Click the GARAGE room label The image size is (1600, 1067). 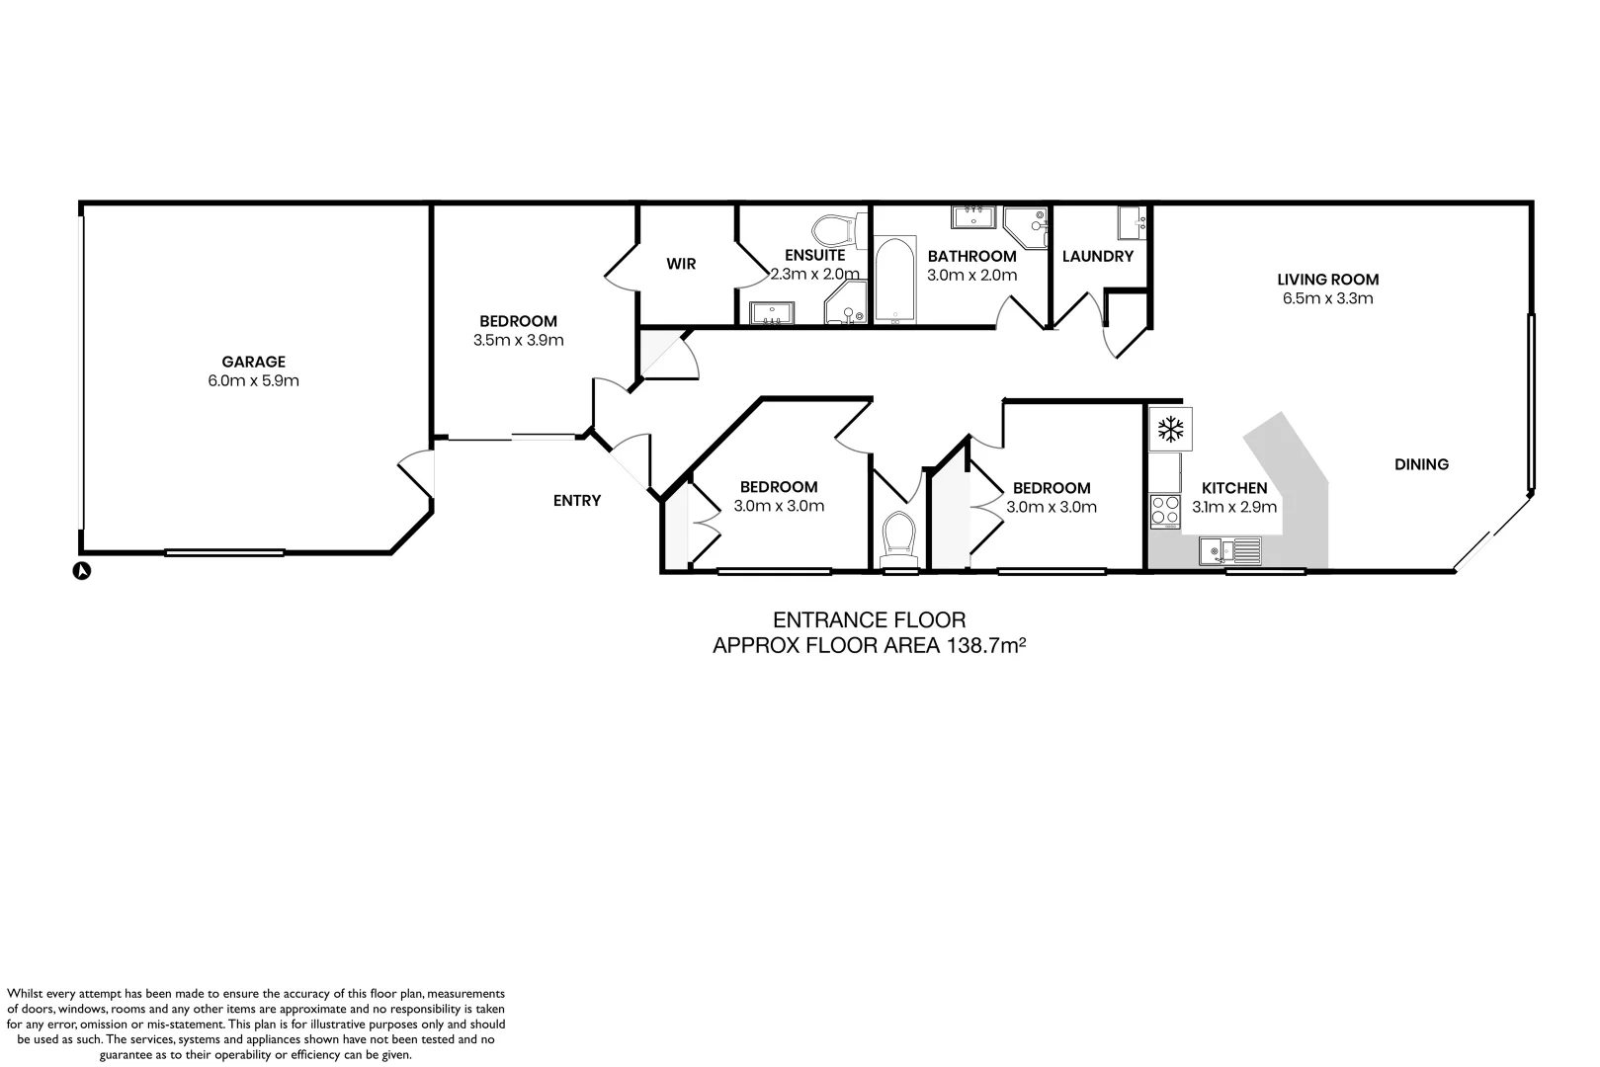[253, 362]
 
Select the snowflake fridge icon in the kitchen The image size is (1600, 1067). [1171, 429]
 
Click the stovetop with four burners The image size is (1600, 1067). [1165, 511]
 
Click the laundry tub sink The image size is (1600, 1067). [1132, 223]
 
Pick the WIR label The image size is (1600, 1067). [681, 264]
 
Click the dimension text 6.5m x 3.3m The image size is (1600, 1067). [1326, 298]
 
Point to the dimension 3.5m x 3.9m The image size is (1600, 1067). [518, 341]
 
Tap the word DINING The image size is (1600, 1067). [1421, 464]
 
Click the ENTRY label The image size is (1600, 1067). [577, 501]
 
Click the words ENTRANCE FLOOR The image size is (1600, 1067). [869, 620]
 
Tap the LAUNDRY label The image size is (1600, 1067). [1097, 257]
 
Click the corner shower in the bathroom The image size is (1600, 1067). [1026, 227]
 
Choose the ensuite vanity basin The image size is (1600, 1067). [770, 313]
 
